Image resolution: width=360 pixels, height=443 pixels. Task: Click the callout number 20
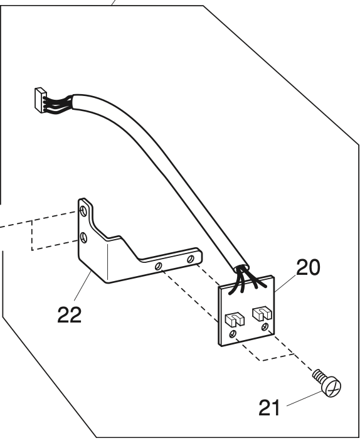308,267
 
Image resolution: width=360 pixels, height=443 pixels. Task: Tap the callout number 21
269,408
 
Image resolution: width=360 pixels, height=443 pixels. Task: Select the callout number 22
69,314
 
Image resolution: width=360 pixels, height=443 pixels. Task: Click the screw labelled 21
327,383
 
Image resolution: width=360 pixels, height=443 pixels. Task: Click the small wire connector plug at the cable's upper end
40,100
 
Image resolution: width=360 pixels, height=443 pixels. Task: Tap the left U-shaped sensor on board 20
235,319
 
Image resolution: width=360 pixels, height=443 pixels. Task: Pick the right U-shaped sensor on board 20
262,314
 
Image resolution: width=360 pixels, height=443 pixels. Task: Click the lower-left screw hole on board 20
233,333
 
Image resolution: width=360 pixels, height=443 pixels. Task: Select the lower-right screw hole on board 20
265,327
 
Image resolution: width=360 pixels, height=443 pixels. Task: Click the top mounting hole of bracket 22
83,210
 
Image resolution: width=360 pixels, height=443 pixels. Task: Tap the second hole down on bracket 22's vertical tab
83,238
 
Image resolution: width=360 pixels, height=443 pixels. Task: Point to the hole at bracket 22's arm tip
191,259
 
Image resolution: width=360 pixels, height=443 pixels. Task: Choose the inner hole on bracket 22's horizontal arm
159,265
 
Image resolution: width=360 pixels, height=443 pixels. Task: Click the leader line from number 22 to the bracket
83,286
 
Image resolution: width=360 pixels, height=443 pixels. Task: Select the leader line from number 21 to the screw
304,399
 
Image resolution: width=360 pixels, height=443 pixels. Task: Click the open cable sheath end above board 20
241,268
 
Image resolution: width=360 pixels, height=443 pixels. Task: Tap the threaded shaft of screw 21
319,375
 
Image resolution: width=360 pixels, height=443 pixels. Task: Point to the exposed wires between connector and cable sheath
59,104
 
